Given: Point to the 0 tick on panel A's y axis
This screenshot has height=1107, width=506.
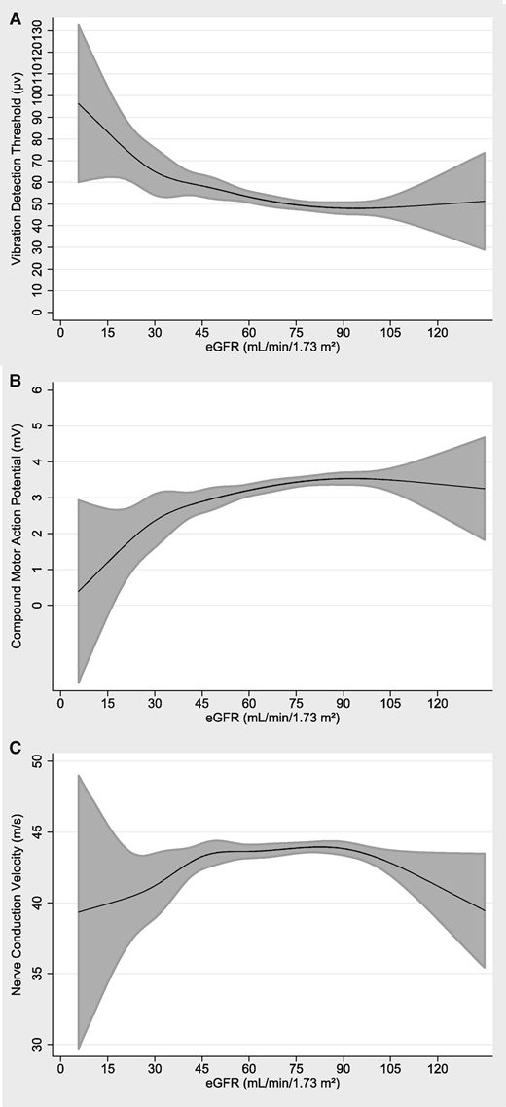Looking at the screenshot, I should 37,313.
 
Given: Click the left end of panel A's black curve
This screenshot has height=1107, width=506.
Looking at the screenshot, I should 78,103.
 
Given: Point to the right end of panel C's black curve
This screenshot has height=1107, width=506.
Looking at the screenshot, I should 485,911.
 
